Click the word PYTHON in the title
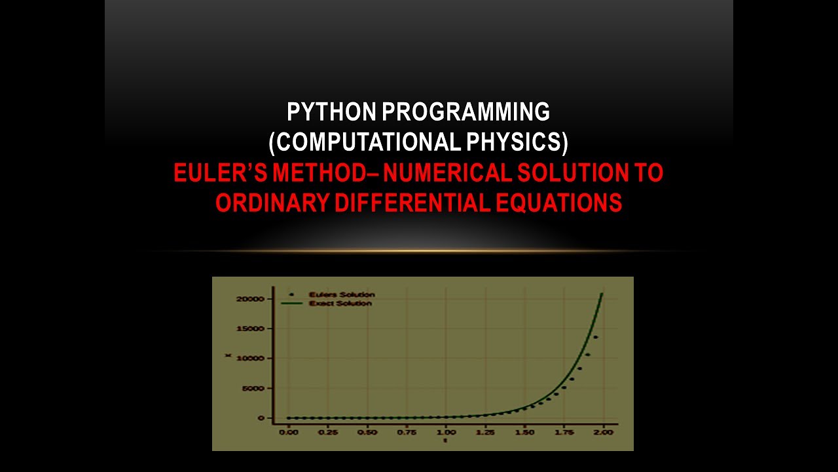click(x=331, y=113)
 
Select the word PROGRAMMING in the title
click(x=465, y=113)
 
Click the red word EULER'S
click(x=219, y=173)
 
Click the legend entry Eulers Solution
click(x=342, y=295)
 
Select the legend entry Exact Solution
click(x=340, y=304)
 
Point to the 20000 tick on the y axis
click(x=251, y=299)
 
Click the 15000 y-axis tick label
click(x=251, y=328)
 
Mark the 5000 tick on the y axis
click(x=253, y=388)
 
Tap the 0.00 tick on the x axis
click(x=288, y=433)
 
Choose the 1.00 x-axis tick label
click(x=446, y=433)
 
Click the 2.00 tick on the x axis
click(x=603, y=433)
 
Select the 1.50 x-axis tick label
click(x=524, y=433)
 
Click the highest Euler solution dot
click(x=595, y=338)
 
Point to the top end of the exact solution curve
click(x=602, y=294)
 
